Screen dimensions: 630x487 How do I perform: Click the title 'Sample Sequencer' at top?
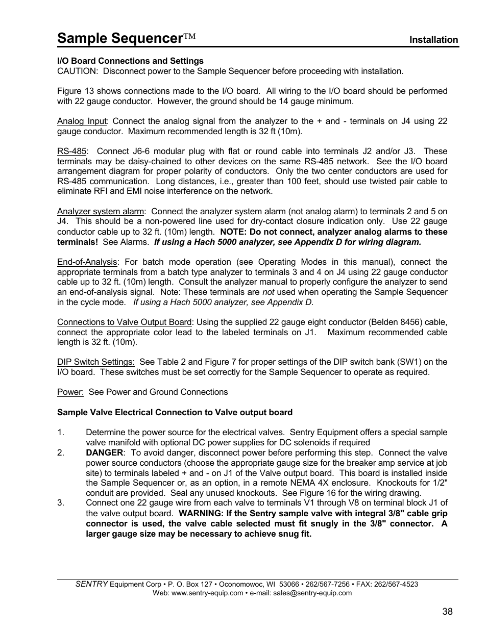click(120, 38)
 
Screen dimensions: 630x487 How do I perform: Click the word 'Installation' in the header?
click(433, 40)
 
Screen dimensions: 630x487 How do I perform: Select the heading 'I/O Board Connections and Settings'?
click(130, 61)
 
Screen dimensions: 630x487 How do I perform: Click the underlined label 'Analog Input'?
click(82, 121)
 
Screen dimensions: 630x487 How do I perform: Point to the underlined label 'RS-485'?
click(71, 151)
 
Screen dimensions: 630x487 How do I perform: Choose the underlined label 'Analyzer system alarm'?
click(101, 211)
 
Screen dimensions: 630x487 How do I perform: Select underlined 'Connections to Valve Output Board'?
click(124, 322)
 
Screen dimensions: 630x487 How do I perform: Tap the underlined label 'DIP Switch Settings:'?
click(95, 362)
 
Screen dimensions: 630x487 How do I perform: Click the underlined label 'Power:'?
click(70, 392)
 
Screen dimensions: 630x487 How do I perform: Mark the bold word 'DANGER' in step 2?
click(104, 452)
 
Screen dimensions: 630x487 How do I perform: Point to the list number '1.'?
click(61, 432)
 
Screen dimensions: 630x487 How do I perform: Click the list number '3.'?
click(61, 502)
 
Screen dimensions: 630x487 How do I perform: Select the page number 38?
click(447, 612)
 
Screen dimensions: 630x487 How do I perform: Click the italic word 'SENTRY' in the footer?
click(91, 584)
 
